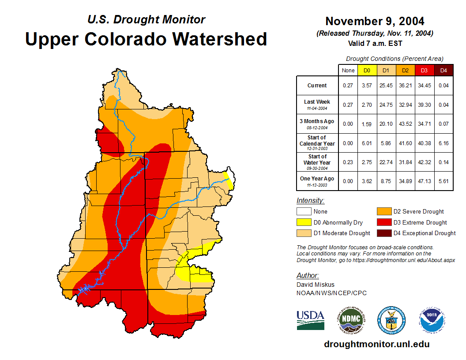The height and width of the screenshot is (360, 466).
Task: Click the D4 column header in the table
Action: point(443,70)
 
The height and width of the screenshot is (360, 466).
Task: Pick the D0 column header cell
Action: point(367,70)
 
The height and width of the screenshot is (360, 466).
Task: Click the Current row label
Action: point(317,86)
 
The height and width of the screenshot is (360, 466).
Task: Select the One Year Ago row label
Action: point(317,179)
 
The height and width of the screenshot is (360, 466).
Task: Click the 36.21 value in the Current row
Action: point(405,86)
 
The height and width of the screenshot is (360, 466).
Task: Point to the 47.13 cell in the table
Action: point(425,179)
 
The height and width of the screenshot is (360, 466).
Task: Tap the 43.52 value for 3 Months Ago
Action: point(405,124)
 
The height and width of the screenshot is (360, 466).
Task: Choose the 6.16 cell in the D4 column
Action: point(443,143)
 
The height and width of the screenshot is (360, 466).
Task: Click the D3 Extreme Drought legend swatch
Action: point(384,222)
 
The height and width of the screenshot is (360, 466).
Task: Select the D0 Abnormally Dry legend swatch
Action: point(304,222)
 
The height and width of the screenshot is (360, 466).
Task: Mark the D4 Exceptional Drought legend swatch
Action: point(384,233)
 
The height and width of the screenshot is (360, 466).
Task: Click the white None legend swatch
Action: point(304,211)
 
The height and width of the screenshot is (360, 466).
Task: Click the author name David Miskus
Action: point(315,285)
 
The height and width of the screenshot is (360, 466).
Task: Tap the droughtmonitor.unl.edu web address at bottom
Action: point(376,344)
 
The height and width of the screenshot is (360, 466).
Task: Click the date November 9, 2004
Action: point(375,21)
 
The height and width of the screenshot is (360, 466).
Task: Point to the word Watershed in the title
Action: point(219,39)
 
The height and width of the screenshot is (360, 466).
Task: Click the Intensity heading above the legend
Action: point(310,201)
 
